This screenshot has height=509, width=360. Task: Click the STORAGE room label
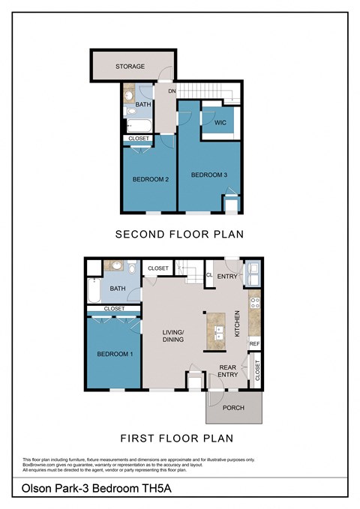pos(130,67)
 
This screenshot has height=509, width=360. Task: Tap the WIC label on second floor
pos(220,121)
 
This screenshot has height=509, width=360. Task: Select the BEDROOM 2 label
pos(149,179)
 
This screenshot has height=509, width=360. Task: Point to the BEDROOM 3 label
pos(208,175)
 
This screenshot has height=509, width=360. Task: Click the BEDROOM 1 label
pos(115,354)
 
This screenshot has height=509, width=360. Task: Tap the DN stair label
pos(172,91)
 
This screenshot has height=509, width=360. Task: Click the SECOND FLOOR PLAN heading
pos(179,235)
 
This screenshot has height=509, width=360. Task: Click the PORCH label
pos(234,409)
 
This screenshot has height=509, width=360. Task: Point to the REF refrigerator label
pos(253,344)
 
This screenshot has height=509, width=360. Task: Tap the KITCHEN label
pos(237,323)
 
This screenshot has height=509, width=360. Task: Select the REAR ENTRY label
pos(228,372)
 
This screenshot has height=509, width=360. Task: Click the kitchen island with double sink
pos(218,331)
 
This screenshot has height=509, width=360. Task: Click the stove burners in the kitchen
pos(254,303)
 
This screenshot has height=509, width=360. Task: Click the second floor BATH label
pos(142,104)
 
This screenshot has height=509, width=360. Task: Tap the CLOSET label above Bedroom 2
pos(139,139)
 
